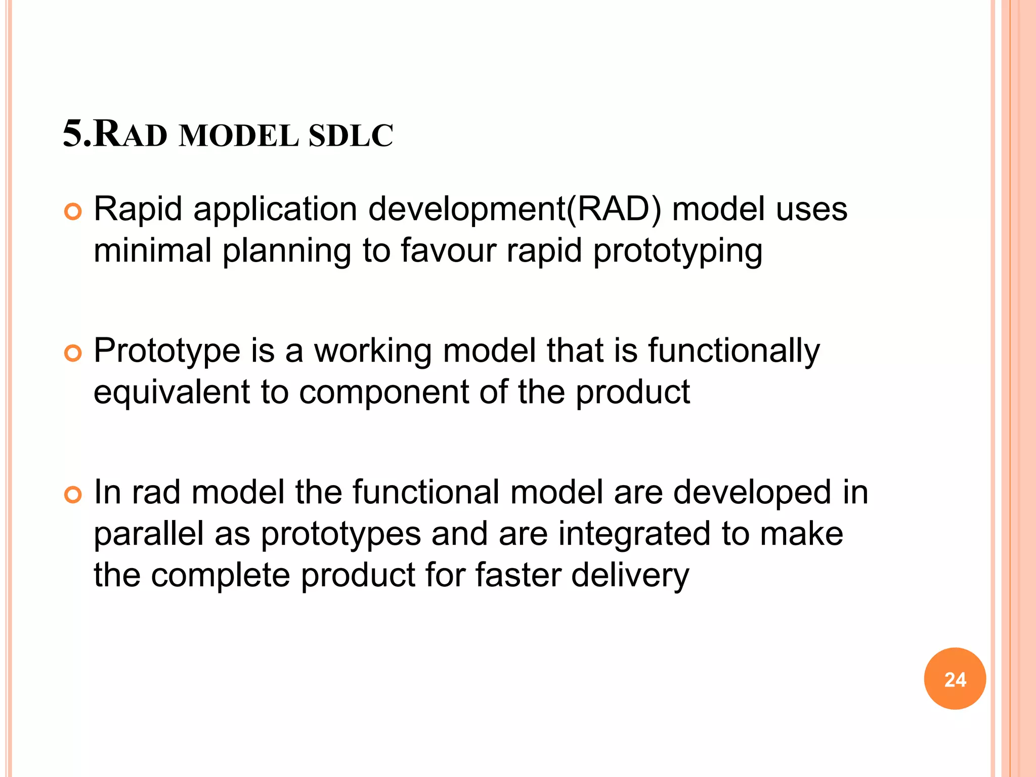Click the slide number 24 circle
(x=955, y=679)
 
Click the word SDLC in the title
(x=351, y=136)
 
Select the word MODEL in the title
(x=239, y=136)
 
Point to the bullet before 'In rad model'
(x=73, y=495)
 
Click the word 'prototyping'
(x=677, y=251)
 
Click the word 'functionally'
(x=733, y=351)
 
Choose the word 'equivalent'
(x=171, y=392)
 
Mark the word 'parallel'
(x=148, y=534)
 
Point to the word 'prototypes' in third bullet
(x=341, y=535)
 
